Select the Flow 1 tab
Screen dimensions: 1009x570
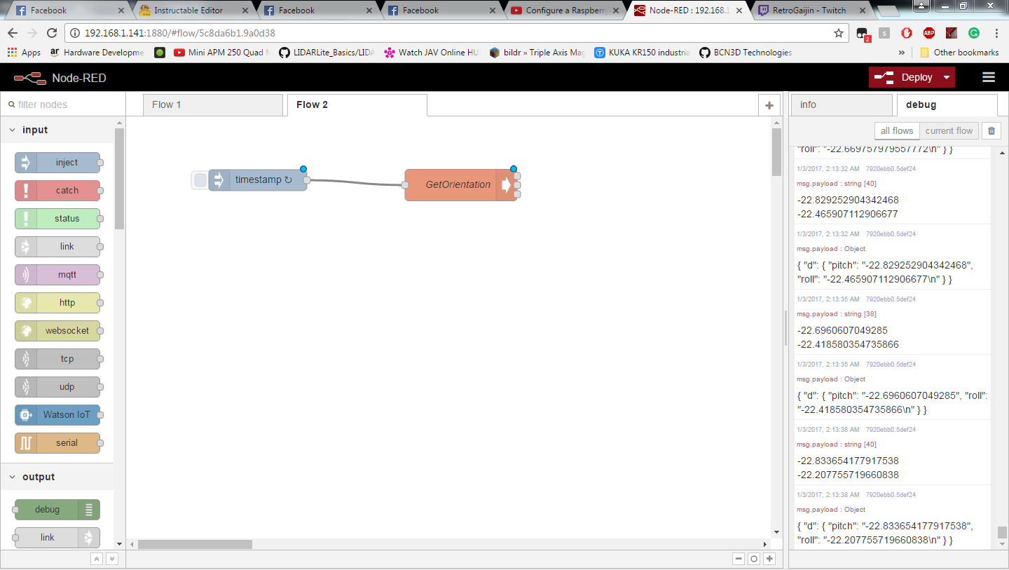click(212, 104)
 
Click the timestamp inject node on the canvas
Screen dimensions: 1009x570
click(257, 179)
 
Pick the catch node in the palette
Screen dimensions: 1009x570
click(57, 191)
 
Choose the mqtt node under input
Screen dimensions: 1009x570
click(57, 275)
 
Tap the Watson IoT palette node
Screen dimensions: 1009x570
click(57, 415)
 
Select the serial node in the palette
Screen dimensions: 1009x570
click(57, 443)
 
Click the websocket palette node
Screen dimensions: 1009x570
click(57, 331)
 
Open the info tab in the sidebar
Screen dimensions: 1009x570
click(842, 104)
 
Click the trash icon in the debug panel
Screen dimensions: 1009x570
click(991, 130)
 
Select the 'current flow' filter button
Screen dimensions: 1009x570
click(949, 130)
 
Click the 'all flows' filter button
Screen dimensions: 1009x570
click(897, 130)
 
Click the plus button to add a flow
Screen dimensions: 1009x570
click(769, 105)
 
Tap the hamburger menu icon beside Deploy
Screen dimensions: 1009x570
click(989, 78)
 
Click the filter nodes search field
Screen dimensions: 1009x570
click(63, 104)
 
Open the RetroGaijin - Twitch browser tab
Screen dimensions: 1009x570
click(810, 10)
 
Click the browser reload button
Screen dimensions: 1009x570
click(53, 33)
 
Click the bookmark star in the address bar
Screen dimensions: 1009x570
click(838, 33)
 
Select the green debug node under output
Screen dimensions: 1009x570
click(57, 510)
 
